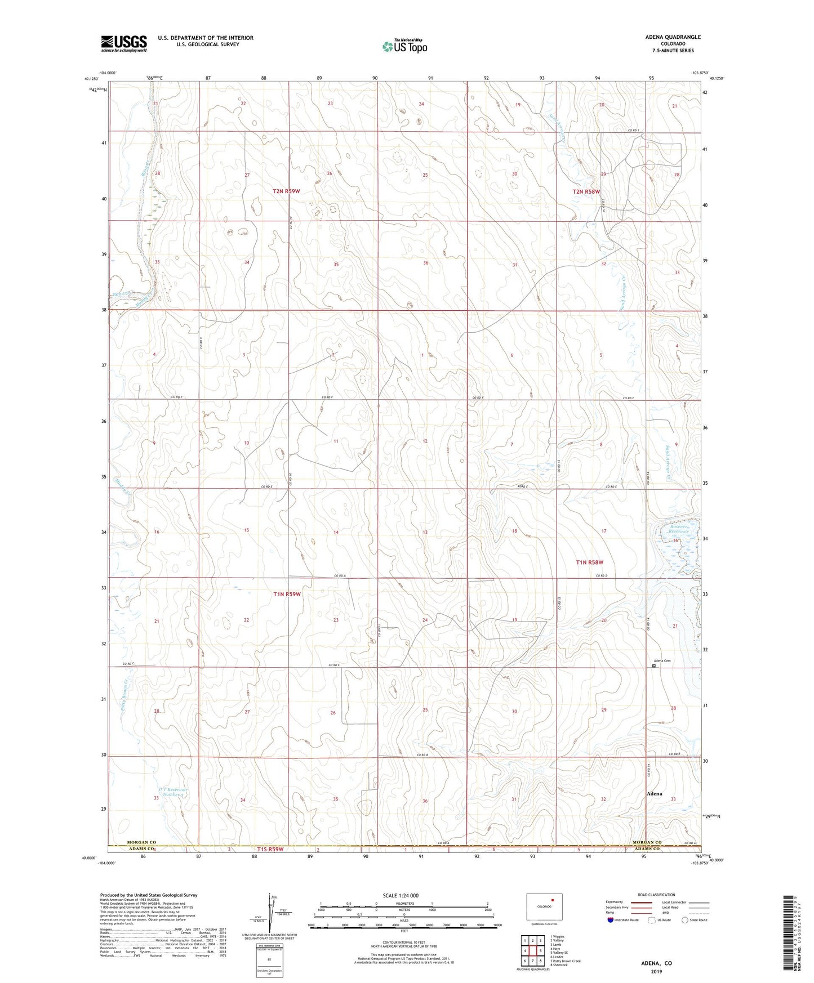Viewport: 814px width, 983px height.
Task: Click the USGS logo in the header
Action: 124,43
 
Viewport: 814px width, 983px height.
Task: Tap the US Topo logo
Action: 404,46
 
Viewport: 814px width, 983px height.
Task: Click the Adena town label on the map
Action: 654,794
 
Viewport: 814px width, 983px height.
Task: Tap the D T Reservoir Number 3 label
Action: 172,792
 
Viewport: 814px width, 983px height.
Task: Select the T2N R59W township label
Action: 286,191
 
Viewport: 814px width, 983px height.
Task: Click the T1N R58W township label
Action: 589,562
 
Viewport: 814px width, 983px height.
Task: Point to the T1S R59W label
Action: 270,848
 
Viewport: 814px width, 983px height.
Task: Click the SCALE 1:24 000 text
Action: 401,896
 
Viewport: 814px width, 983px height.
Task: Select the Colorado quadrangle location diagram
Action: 544,907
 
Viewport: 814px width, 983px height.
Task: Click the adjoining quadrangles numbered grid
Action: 532,951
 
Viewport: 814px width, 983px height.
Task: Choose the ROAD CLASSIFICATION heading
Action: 656,895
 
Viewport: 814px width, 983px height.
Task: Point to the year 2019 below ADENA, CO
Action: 656,971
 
